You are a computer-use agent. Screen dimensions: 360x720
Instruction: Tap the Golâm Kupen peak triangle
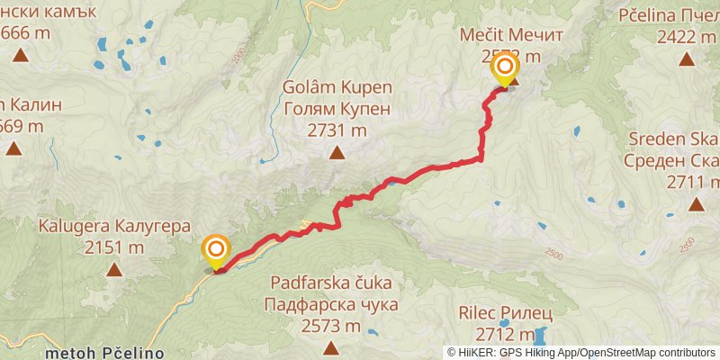(337, 153)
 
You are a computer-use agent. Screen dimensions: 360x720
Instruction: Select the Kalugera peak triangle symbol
(114, 269)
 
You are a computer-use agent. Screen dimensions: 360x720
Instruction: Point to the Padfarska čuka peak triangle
(331, 347)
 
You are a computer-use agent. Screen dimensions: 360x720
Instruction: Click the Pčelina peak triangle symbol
(687, 60)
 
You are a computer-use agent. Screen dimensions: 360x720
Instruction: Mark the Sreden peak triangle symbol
(696, 205)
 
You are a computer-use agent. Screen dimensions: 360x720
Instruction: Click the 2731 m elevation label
(337, 130)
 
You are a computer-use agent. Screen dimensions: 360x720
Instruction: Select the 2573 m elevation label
(331, 325)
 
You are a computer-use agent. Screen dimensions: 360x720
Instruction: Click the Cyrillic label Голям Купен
(337, 109)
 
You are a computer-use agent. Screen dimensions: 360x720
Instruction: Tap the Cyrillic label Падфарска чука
(331, 304)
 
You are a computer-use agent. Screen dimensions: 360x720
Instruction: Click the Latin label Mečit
(480, 34)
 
